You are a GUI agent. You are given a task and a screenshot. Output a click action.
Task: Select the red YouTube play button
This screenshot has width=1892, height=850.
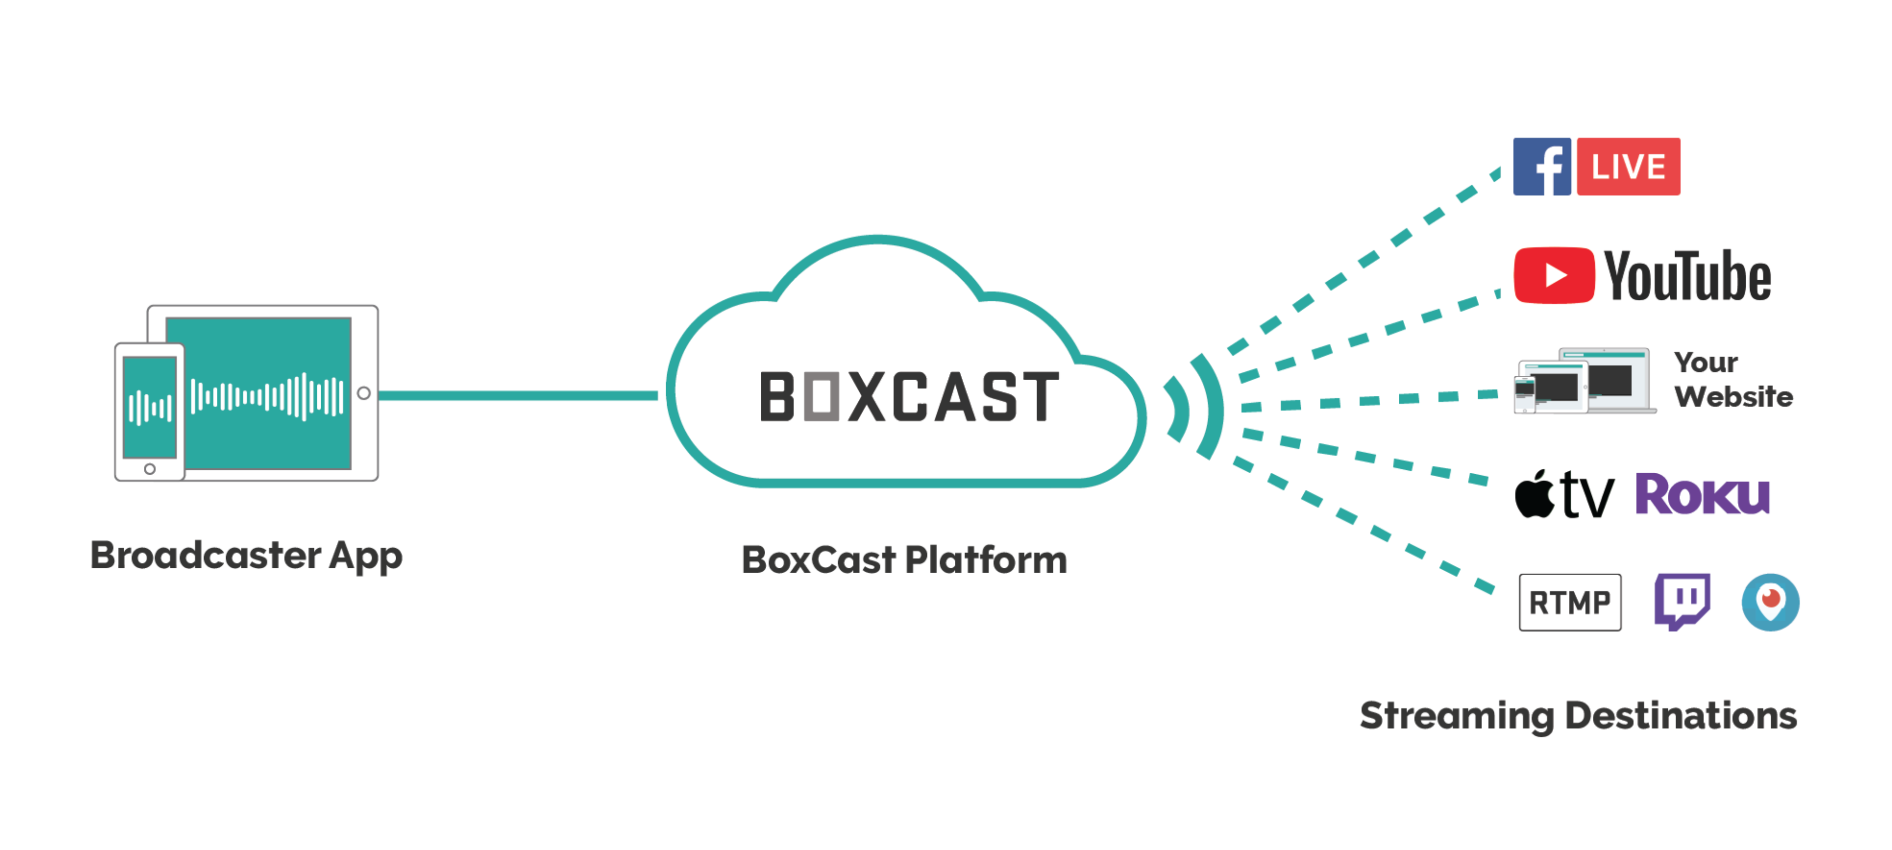pyautogui.click(x=1554, y=275)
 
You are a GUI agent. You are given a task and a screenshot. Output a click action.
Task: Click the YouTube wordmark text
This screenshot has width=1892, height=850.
pyautogui.click(x=1687, y=277)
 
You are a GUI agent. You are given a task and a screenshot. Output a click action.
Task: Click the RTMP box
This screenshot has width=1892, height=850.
pyautogui.click(x=1570, y=603)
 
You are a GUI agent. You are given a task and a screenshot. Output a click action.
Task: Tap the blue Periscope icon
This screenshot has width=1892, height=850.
pyautogui.click(x=1770, y=602)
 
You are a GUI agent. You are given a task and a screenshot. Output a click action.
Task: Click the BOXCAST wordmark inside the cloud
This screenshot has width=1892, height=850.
pyautogui.click(x=909, y=397)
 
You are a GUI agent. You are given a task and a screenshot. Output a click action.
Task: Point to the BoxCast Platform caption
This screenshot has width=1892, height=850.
pyautogui.click(x=904, y=560)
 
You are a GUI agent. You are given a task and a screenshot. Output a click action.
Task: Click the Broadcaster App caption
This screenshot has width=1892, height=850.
pyautogui.click(x=246, y=556)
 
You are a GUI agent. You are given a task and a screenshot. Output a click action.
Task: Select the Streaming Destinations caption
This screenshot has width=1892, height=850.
pyautogui.click(x=1578, y=716)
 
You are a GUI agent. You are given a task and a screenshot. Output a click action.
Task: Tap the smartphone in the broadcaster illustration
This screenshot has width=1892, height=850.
pyautogui.click(x=149, y=411)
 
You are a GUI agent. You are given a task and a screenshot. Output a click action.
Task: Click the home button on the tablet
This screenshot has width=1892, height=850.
pyautogui.click(x=364, y=393)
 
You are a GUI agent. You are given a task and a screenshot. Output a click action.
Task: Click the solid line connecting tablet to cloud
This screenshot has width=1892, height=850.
pyautogui.click(x=518, y=395)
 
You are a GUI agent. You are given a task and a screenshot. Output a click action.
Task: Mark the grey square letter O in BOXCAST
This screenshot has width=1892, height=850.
pyautogui.click(x=821, y=397)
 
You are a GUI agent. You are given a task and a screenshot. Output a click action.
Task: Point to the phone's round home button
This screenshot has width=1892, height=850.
pyautogui.click(x=150, y=469)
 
